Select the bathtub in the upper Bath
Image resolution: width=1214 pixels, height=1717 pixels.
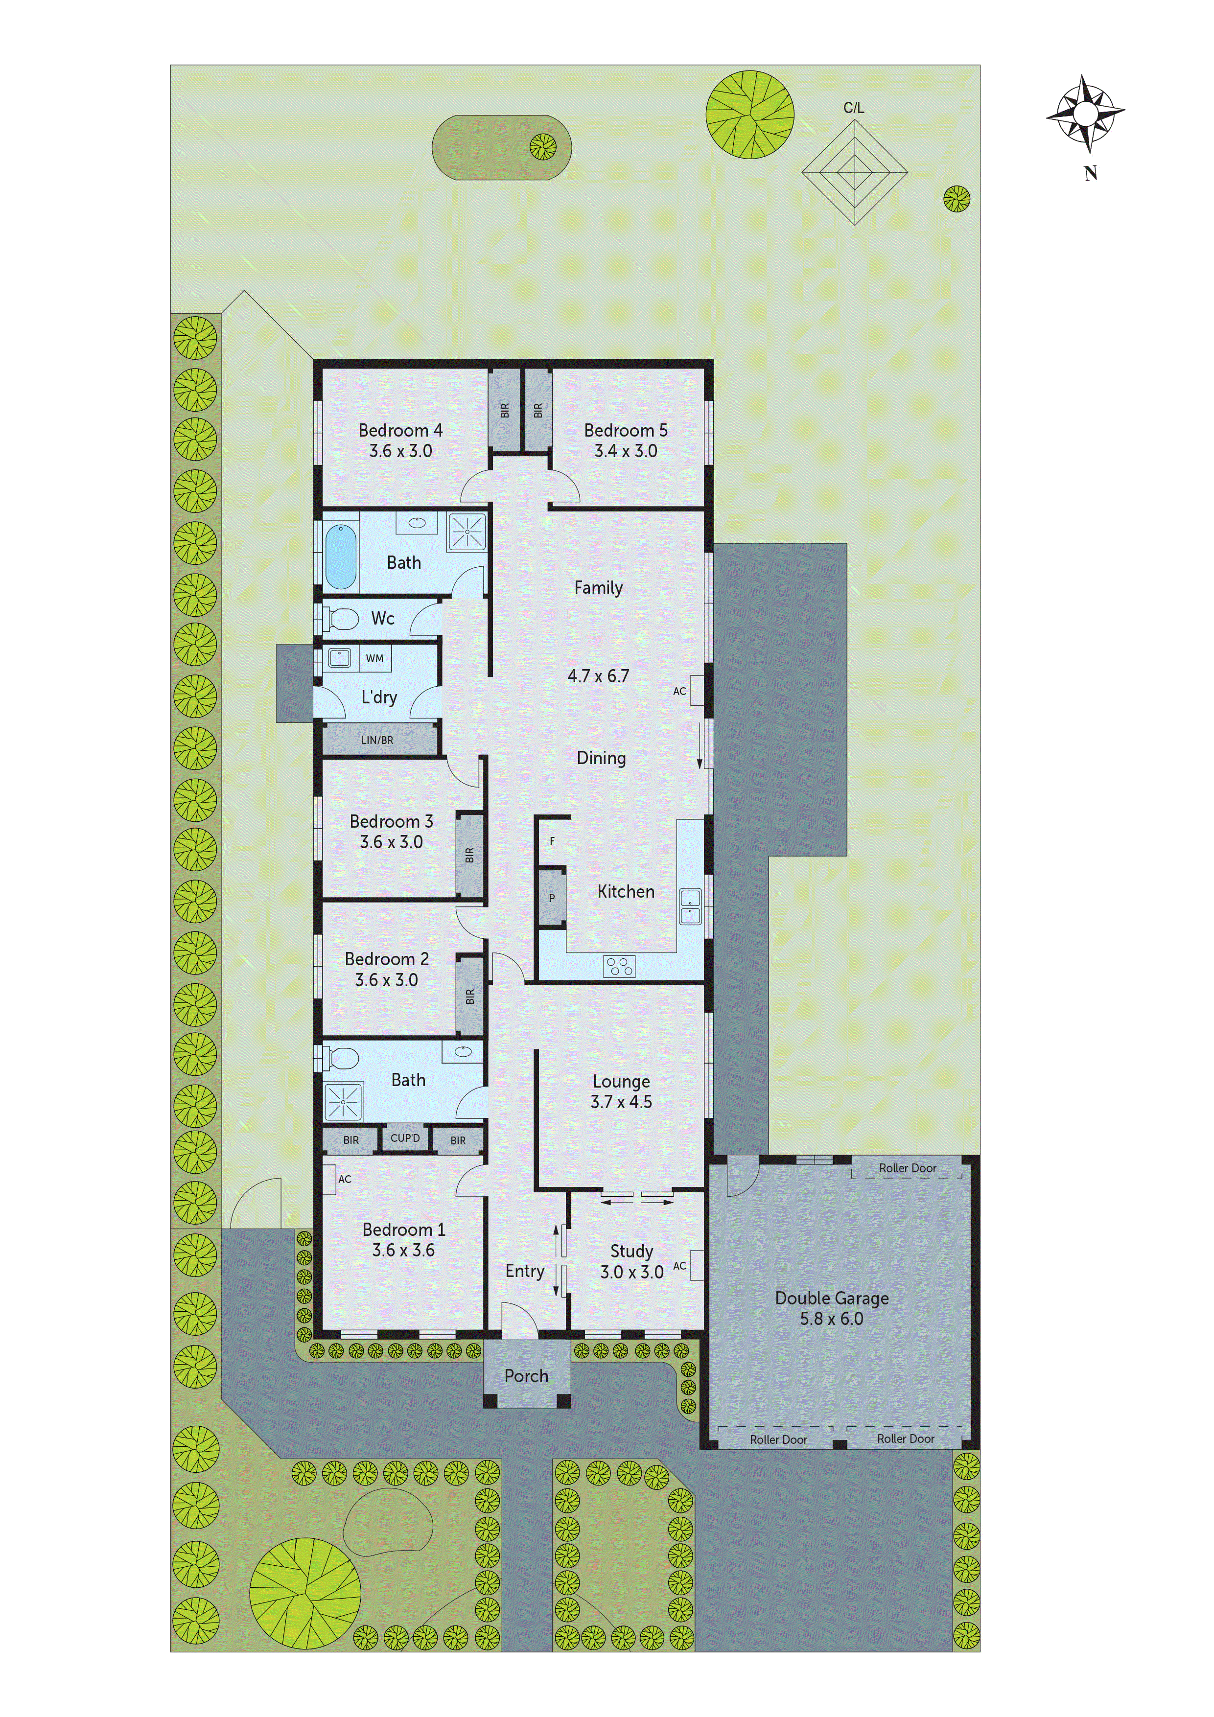pyautogui.click(x=340, y=557)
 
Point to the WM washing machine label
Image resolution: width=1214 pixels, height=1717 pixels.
pyautogui.click(x=375, y=659)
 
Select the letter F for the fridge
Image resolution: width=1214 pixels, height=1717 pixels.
pyautogui.click(x=552, y=841)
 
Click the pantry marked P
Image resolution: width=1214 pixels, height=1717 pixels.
pyautogui.click(x=552, y=898)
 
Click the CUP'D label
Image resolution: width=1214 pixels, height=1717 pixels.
pyautogui.click(x=405, y=1138)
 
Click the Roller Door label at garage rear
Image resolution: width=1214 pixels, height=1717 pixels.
pyautogui.click(x=908, y=1168)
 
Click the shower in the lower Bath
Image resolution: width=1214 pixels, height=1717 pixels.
pyautogui.click(x=343, y=1102)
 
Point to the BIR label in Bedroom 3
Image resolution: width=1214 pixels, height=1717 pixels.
pyautogui.click(x=470, y=855)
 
